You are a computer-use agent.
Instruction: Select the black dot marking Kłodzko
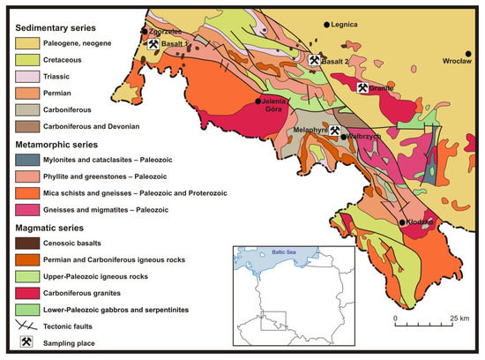[x=402, y=222]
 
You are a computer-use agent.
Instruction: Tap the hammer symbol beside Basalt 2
[x=314, y=60]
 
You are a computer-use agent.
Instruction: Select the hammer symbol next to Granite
[x=362, y=87]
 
